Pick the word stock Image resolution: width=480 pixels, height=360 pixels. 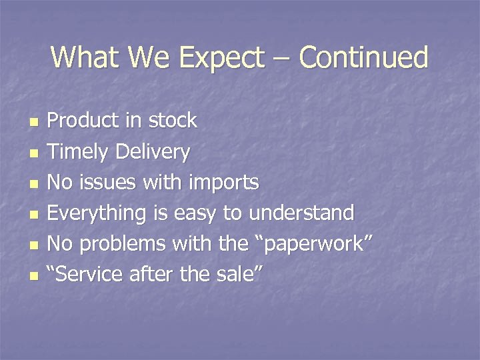[173, 121]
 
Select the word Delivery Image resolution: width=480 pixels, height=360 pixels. [153, 152]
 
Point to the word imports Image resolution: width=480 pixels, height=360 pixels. [223, 183]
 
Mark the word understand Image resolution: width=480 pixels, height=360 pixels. [301, 213]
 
